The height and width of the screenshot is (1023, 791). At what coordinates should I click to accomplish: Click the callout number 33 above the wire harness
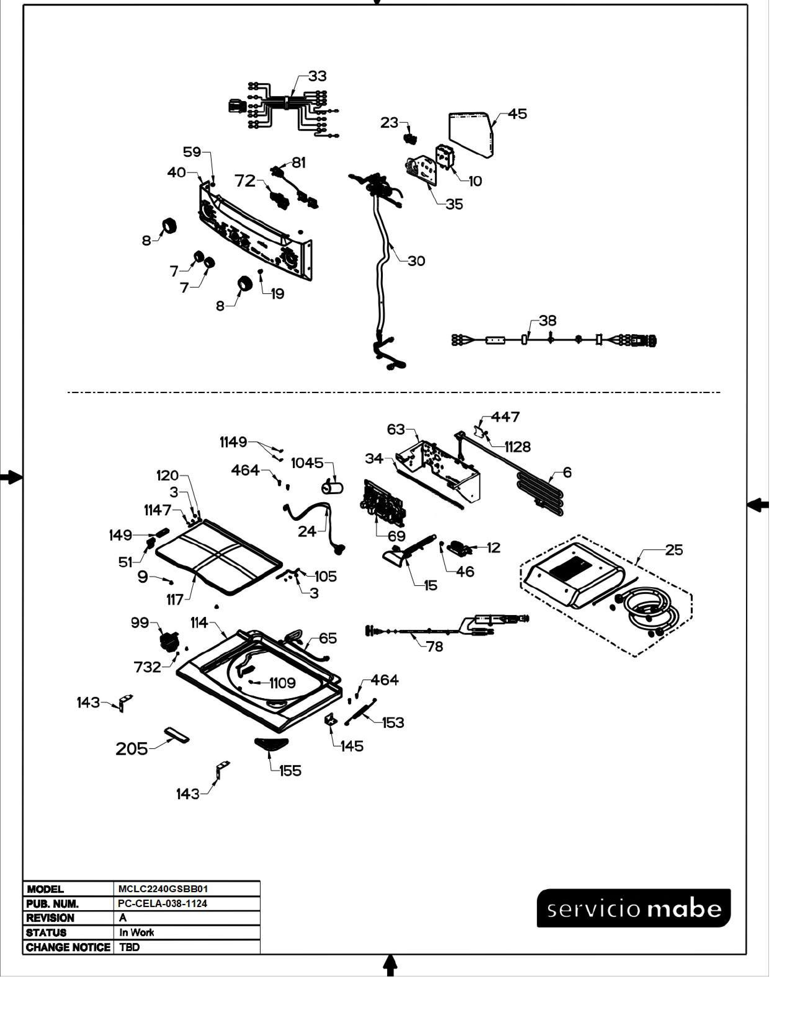[317, 76]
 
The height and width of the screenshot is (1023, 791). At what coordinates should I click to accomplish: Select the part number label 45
[517, 114]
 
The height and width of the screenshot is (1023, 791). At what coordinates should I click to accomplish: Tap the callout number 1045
[307, 463]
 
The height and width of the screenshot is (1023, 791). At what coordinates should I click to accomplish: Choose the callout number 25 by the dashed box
[674, 550]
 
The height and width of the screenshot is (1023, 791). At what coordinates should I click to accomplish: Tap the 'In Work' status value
[136, 932]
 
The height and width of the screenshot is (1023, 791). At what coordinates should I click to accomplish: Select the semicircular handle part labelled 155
[271, 743]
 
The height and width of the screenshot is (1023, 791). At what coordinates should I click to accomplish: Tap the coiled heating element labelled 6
[539, 494]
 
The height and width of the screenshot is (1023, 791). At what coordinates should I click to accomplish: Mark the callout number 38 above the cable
[547, 321]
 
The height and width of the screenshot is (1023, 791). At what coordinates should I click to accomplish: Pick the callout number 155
[290, 771]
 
